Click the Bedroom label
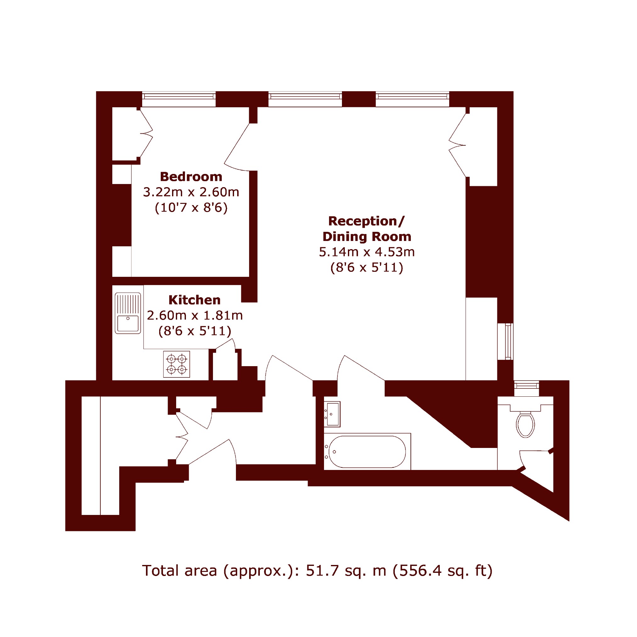[191, 177]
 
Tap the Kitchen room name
[194, 300]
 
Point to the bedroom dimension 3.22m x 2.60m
[191, 192]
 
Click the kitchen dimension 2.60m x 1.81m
[195, 316]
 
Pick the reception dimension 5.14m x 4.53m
[367, 252]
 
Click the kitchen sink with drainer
[128, 313]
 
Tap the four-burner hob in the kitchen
[177, 364]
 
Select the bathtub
[367, 452]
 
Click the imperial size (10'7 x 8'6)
[191, 208]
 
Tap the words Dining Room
[367, 237]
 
